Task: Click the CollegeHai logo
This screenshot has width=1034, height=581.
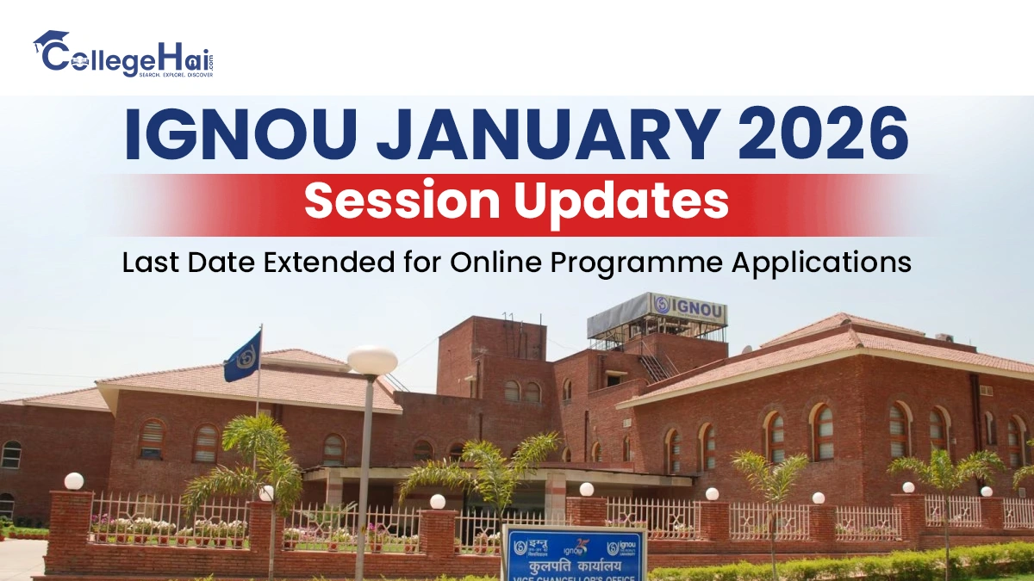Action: point(122,54)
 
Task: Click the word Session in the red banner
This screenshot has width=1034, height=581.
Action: point(399,203)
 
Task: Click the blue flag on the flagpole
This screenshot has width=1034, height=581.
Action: point(242,356)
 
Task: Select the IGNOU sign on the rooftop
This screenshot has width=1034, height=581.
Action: point(688,306)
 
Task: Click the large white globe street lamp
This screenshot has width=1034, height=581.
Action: point(372,360)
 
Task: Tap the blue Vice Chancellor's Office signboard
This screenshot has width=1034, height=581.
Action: point(575,555)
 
